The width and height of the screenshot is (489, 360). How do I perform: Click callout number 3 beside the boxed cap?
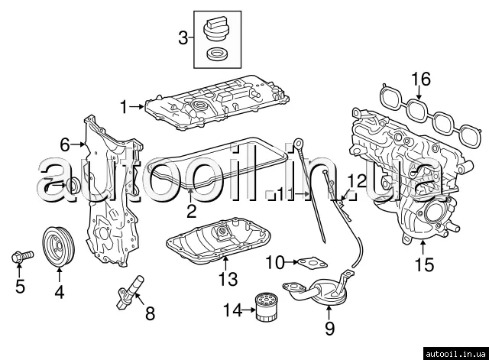point(183,36)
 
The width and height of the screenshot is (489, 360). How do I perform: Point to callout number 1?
point(124,105)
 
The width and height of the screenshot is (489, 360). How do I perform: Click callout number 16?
point(420,79)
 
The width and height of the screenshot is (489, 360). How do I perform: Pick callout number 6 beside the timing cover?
point(66,144)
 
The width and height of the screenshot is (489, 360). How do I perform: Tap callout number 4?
point(59,290)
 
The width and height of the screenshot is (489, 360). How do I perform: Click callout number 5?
point(21,287)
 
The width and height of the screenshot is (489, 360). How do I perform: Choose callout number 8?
point(149,313)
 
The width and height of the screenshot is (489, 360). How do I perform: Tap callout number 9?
point(329,329)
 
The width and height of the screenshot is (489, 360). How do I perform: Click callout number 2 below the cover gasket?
point(191,209)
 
